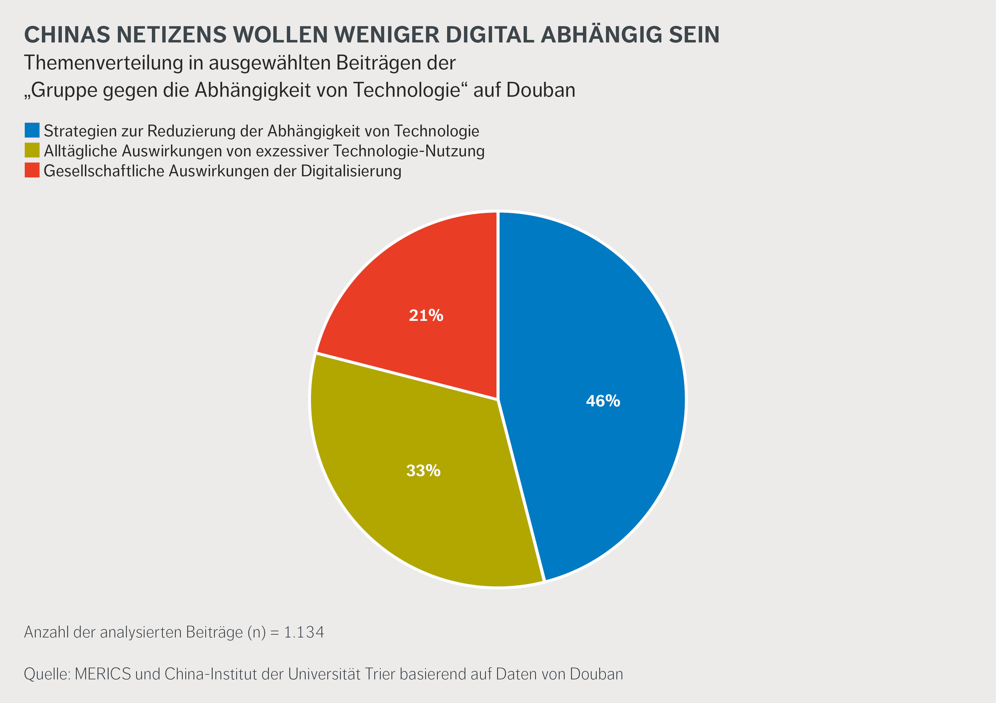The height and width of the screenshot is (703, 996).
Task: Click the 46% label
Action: [x=603, y=401]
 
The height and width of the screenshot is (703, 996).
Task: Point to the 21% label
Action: [x=426, y=315]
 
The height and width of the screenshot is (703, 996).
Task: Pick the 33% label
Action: [x=423, y=470]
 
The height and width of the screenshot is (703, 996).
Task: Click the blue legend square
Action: [x=32, y=130]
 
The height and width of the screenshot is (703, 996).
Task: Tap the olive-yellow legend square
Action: [x=32, y=150]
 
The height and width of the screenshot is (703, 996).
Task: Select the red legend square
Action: [x=32, y=170]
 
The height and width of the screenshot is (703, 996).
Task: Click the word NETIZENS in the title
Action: [x=172, y=35]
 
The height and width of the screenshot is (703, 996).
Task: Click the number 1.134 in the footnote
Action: [x=304, y=632]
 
